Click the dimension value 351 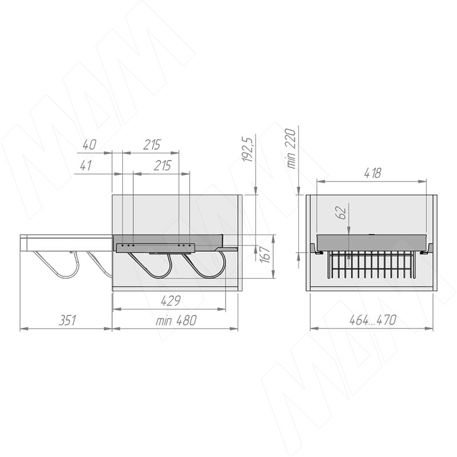pyautogui.click(x=67, y=320)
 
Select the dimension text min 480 pyautogui.click(x=176, y=320)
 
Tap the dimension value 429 pyautogui.click(x=171, y=301)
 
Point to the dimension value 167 pyautogui.click(x=266, y=254)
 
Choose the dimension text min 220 pyautogui.click(x=291, y=149)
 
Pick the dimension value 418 pyautogui.click(x=372, y=173)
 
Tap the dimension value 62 pyautogui.click(x=341, y=213)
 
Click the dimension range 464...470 pyautogui.click(x=372, y=320)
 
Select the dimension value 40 pyautogui.click(x=89, y=145)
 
